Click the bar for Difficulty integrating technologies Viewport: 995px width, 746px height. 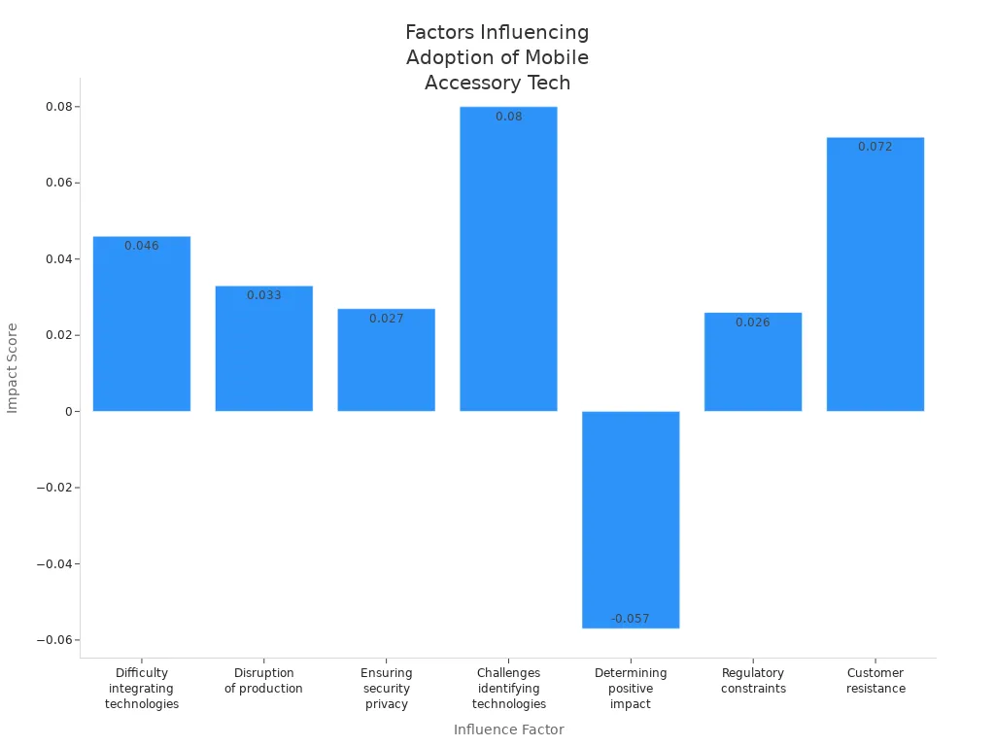click(142, 330)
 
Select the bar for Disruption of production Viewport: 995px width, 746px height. click(264, 355)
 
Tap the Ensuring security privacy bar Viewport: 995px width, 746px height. click(387, 364)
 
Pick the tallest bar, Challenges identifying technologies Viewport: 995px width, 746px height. click(508, 262)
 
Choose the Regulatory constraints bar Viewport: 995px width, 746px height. click(753, 366)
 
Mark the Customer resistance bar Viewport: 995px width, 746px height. click(875, 282)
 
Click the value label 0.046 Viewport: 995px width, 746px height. click(142, 246)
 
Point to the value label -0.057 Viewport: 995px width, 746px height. click(631, 619)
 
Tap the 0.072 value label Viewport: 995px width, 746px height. click(875, 147)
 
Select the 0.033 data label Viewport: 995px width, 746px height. click(264, 295)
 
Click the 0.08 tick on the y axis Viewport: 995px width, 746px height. click(59, 107)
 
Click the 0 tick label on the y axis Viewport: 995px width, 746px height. click(70, 412)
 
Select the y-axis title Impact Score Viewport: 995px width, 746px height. click(13, 368)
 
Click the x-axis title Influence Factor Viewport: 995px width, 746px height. click(508, 729)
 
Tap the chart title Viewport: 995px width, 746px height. click(497, 58)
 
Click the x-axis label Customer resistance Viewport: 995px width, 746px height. click(875, 681)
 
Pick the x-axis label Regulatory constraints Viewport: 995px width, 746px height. click(753, 681)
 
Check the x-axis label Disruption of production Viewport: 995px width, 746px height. click(264, 681)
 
